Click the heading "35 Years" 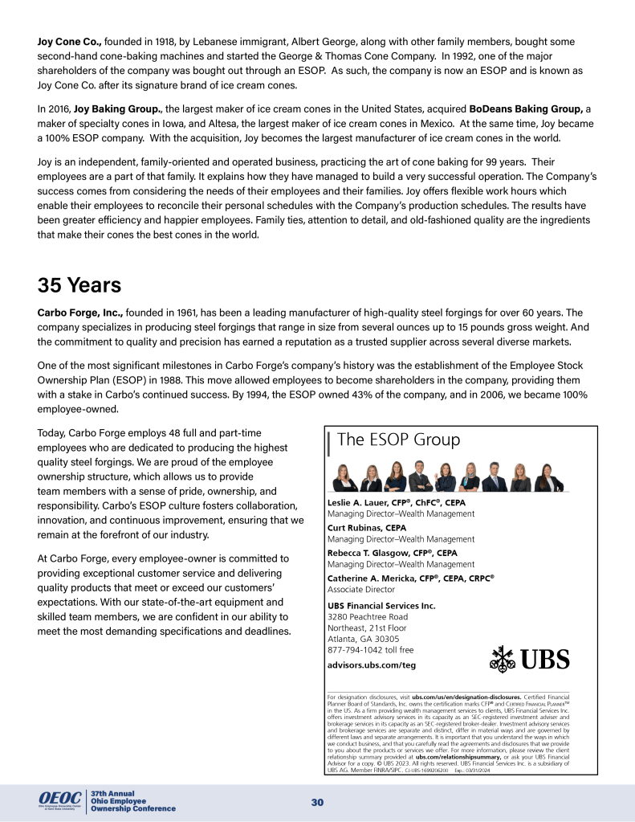[79, 285]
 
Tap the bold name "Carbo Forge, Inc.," [88, 312]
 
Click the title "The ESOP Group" [399, 440]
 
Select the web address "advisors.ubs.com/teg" [372, 665]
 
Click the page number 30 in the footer [317, 803]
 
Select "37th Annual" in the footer [113, 792]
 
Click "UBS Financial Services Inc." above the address [381, 605]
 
